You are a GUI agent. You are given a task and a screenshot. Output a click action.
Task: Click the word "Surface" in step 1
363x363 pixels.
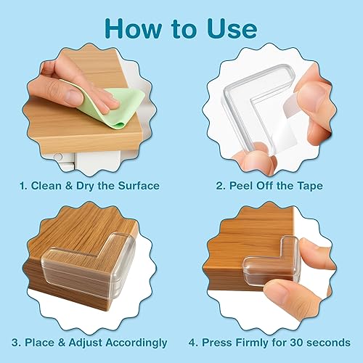(134, 185)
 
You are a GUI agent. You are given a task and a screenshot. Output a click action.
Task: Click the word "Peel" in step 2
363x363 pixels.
(242, 185)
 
